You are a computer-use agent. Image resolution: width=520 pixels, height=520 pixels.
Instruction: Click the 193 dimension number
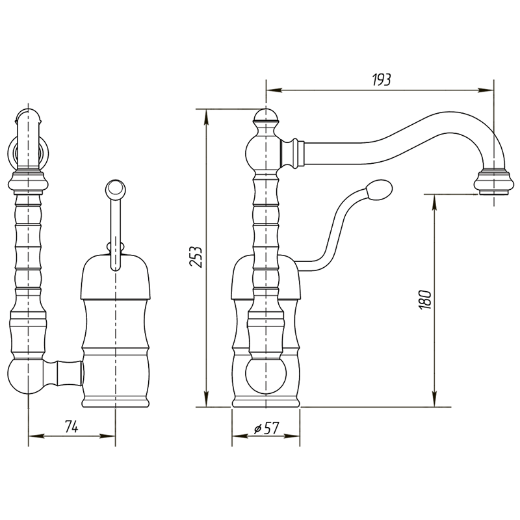[x=382, y=79]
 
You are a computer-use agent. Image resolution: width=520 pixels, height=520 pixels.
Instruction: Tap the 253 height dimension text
[x=196, y=257]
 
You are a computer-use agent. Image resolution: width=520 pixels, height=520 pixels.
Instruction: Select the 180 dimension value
[x=426, y=300]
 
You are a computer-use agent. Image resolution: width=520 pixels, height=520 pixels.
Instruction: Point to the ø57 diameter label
[x=266, y=428]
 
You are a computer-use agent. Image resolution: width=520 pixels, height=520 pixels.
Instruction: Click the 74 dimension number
[x=71, y=426]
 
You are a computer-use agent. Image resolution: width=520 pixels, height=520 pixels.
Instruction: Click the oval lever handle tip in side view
[x=379, y=189]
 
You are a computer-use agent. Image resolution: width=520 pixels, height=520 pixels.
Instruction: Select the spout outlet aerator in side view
[x=494, y=182]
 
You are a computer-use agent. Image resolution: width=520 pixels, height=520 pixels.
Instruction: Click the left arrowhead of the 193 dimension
[x=274, y=90]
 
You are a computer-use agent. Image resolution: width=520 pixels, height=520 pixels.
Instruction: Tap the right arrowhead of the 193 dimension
[x=486, y=90]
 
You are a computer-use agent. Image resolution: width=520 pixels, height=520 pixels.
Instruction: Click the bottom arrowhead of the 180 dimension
[x=434, y=398]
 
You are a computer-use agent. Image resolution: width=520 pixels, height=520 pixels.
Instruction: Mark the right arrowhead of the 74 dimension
[x=107, y=436]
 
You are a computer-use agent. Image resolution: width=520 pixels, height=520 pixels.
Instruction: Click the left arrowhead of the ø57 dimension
[x=240, y=436]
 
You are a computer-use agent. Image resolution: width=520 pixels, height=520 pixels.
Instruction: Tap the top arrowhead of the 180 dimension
[x=434, y=202]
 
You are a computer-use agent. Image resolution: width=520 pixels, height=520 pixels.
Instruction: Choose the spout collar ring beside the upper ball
[x=292, y=153]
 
